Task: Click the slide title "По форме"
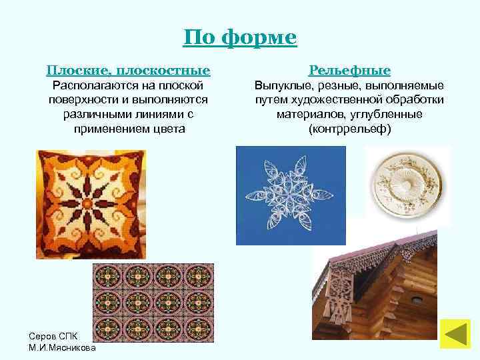[x=240, y=37]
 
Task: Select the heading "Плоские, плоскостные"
[x=128, y=70]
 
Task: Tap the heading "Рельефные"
[x=350, y=70]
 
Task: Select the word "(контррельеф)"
[x=350, y=128]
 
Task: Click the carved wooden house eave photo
[x=377, y=287]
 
